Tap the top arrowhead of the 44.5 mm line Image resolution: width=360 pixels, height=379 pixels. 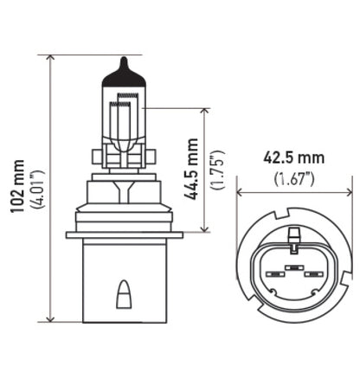point(205,112)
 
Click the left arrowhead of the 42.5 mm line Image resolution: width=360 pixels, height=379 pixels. point(240,193)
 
